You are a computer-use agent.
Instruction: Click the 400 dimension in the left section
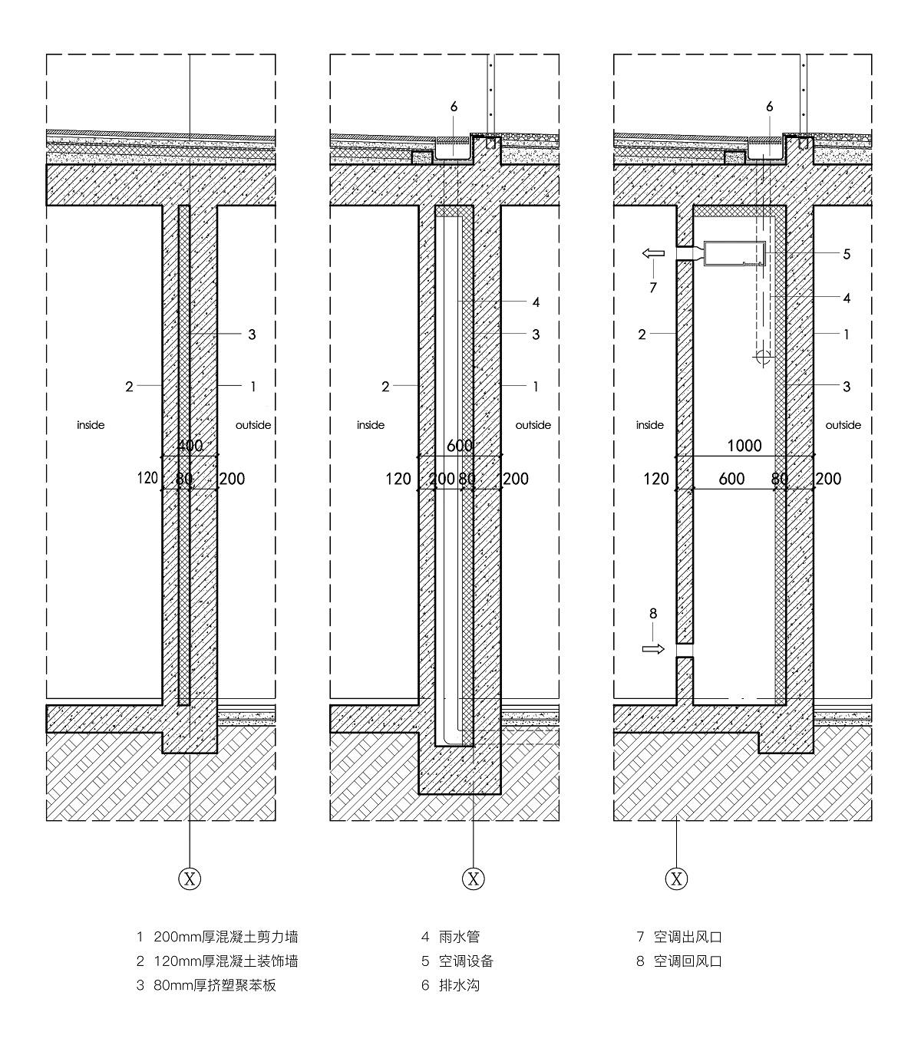point(190,446)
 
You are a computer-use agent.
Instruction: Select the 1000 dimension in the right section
point(744,446)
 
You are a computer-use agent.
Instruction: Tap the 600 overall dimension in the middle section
point(460,446)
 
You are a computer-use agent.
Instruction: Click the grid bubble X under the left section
point(190,879)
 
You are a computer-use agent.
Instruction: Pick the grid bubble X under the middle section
point(473,879)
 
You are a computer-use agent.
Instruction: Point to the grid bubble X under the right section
point(676,879)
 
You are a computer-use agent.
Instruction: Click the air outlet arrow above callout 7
point(653,253)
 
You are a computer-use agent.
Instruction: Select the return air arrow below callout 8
point(653,649)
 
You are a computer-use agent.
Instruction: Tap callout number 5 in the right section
point(847,254)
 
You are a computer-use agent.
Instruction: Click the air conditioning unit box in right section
point(734,253)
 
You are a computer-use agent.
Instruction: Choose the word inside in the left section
point(91,425)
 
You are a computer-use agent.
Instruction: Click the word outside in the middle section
point(533,425)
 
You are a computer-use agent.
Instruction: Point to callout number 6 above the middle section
point(454,107)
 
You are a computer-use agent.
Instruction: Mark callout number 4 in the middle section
point(536,302)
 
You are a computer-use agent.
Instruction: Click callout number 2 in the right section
point(642,335)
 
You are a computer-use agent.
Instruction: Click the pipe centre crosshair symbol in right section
point(763,356)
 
